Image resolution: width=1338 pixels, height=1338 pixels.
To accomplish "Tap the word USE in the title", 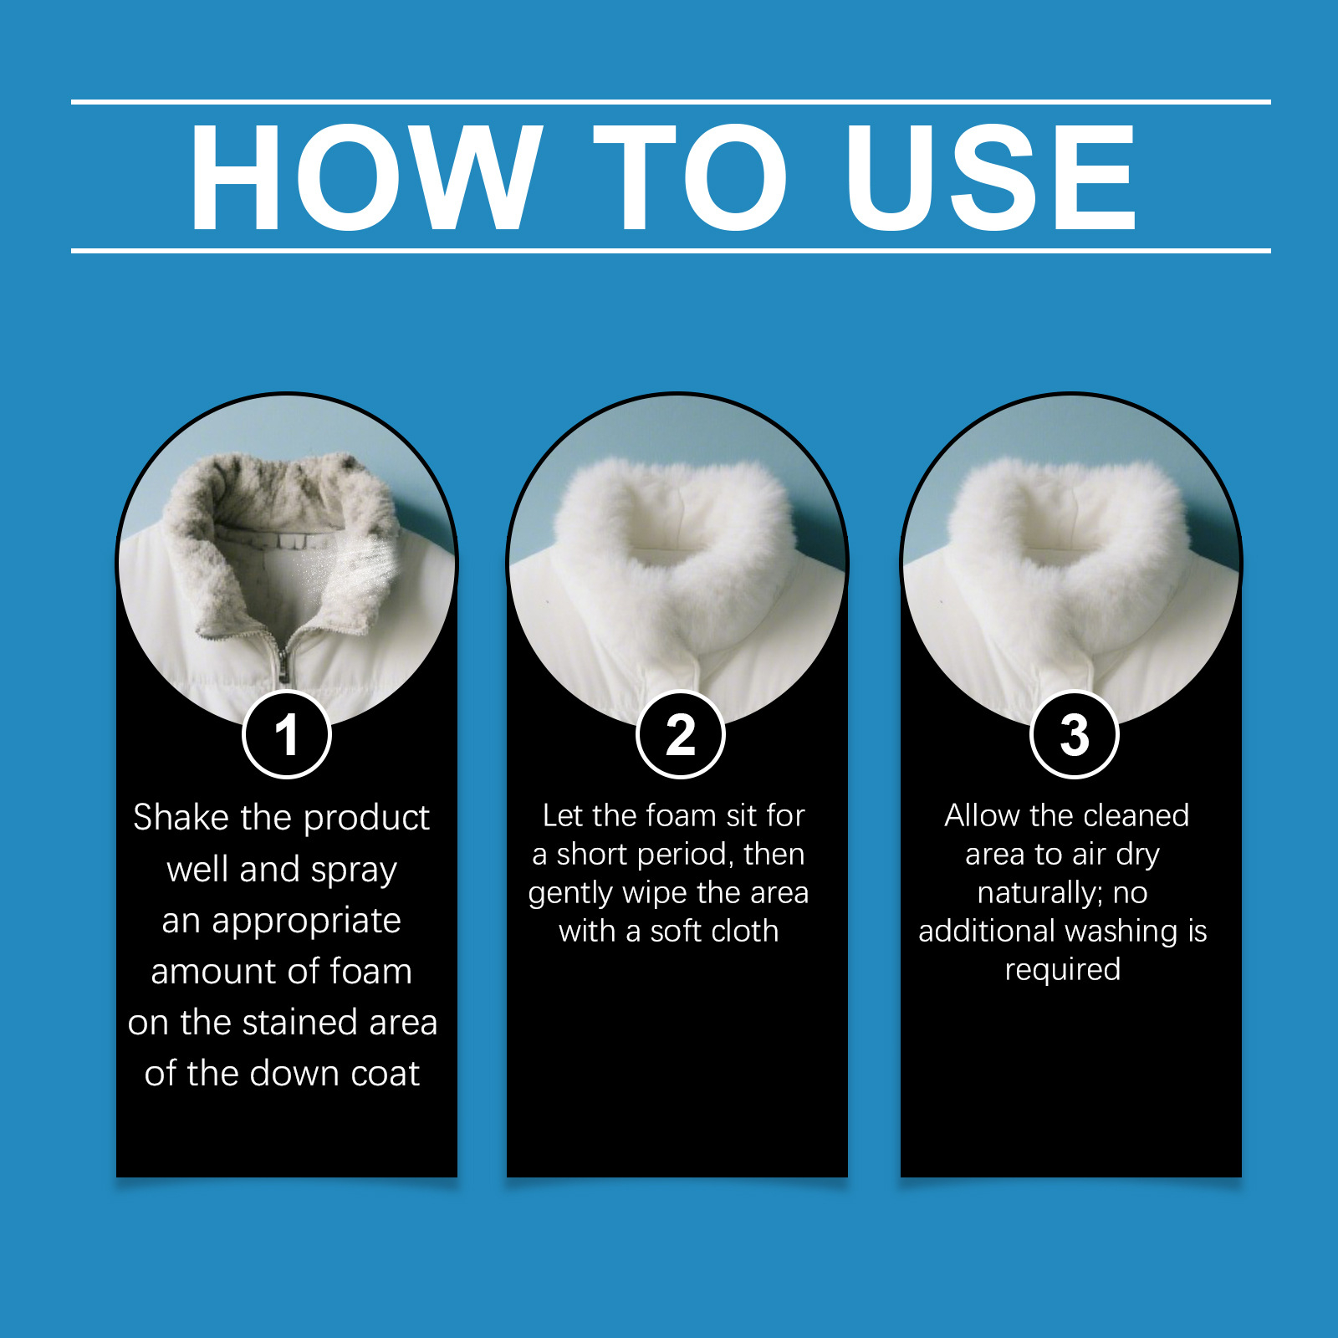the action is pos(991,176).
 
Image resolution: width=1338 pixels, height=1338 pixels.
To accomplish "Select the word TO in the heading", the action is pos(691,176).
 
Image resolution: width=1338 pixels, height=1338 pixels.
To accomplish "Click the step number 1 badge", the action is pos(287,735).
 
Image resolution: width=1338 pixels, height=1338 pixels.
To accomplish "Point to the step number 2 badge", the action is pos(681,735).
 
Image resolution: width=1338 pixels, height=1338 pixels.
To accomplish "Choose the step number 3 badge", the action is pos(1075,735).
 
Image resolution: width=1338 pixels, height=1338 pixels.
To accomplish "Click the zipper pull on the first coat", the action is pos(283,666).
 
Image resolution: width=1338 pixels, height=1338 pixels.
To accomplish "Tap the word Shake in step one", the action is pos(181,817).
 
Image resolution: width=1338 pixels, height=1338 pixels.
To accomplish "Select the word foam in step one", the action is pos(370,972).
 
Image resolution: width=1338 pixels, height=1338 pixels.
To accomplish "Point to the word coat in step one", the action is pos(385,1074).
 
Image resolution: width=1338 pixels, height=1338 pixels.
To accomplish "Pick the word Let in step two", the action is pos(562,815).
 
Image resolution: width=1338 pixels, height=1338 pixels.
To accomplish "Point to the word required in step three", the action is pos(1063,970).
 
